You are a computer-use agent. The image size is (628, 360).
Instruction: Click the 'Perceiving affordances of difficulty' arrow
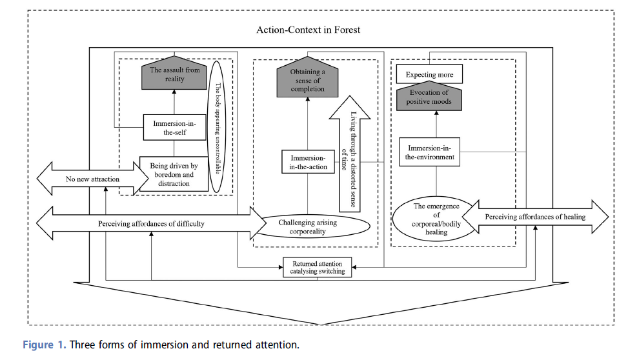pos(152,224)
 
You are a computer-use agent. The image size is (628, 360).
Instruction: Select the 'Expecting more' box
pos(429,75)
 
